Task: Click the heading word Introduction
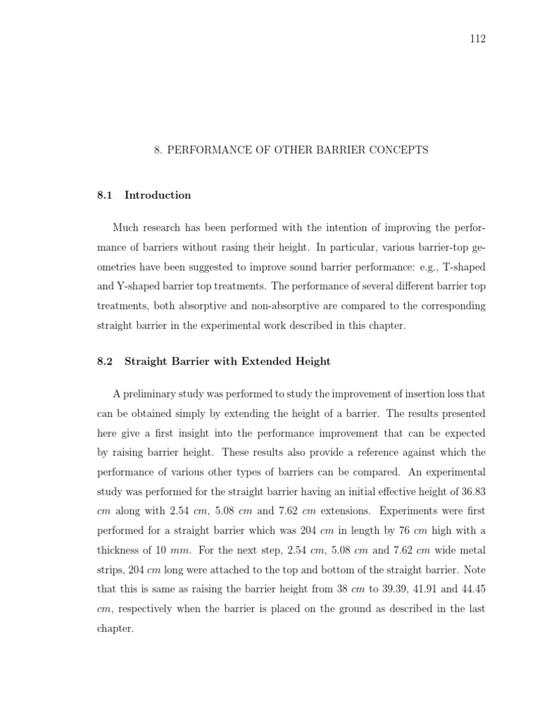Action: [x=157, y=195]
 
